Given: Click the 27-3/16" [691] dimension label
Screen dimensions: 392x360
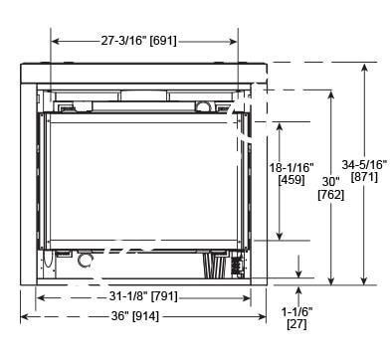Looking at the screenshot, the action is click(x=139, y=41).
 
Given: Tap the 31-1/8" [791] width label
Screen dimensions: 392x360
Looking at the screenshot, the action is click(x=143, y=296).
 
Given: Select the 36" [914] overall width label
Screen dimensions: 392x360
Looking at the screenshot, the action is click(x=135, y=316).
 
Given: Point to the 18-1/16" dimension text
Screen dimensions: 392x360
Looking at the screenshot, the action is click(x=292, y=167).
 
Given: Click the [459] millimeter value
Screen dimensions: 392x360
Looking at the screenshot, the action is click(x=292, y=180).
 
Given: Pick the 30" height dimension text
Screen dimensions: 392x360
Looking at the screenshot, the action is click(x=330, y=182).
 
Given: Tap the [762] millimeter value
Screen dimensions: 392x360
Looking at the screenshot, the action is click(x=331, y=195).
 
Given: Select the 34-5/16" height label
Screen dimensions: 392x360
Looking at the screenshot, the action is click(x=364, y=164).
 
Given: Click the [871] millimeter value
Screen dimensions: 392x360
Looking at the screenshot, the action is click(x=364, y=177).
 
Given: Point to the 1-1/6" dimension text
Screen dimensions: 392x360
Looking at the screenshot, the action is click(x=296, y=312).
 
